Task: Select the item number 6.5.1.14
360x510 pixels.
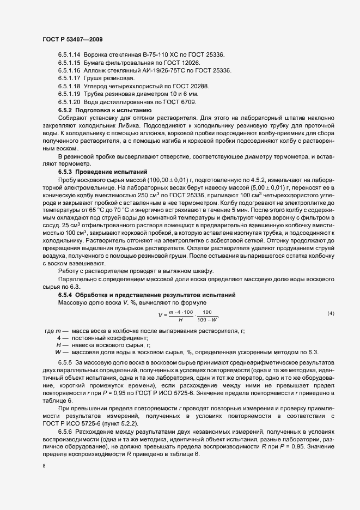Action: pos(69,55)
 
